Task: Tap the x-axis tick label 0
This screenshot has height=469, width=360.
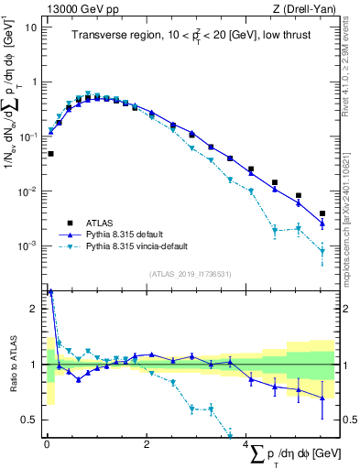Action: [47, 446]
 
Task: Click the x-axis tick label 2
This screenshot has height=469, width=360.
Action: [147, 446]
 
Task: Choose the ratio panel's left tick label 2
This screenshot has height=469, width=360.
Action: [36, 310]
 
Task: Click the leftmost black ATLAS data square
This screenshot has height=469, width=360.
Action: [50, 154]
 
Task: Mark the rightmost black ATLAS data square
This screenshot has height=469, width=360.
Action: [322, 213]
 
